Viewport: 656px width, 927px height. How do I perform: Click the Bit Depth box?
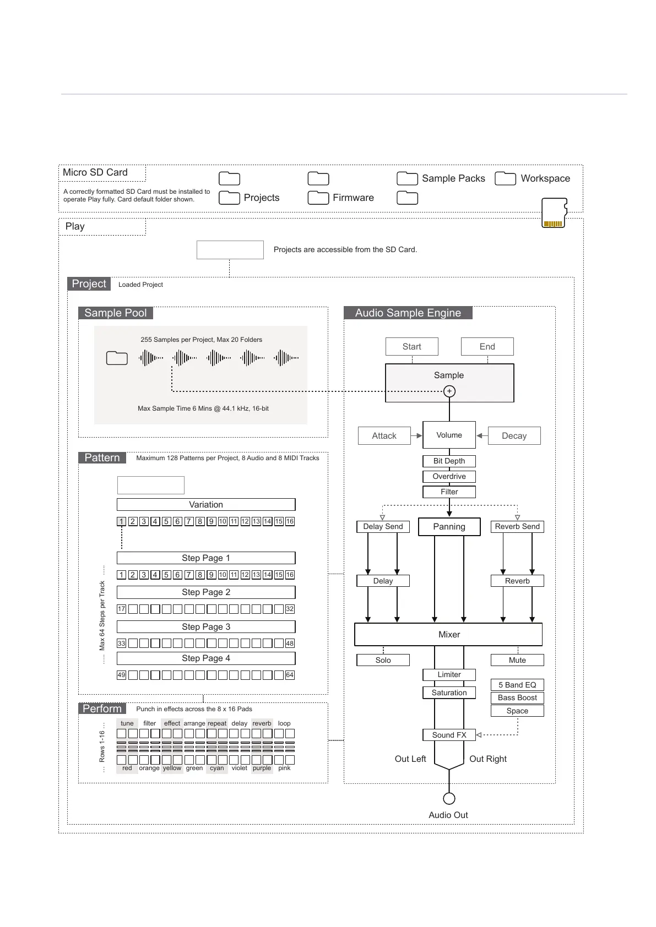click(x=449, y=461)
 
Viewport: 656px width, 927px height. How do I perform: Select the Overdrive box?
click(x=449, y=477)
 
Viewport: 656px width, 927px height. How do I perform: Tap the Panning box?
click(x=449, y=527)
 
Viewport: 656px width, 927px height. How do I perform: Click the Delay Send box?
click(x=383, y=527)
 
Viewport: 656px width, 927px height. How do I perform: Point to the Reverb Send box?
click(x=517, y=527)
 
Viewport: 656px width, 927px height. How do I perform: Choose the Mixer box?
click(x=449, y=635)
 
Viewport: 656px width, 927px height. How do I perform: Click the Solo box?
click(x=383, y=660)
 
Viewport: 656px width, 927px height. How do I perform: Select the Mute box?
click(x=517, y=660)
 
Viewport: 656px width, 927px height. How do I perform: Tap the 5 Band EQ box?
click(x=517, y=685)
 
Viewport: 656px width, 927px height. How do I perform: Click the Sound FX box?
click(x=449, y=735)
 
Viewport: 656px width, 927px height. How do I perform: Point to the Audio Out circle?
click(x=449, y=798)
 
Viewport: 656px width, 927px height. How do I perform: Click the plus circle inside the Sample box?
click(x=449, y=391)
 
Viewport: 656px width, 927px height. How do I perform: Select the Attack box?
click(x=384, y=436)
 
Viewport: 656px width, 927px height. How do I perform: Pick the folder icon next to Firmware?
click(x=318, y=198)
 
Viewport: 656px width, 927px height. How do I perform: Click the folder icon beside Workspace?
click(x=505, y=178)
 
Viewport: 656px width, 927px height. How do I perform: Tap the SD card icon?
click(x=554, y=213)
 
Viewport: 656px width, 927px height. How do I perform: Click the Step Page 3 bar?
click(x=206, y=627)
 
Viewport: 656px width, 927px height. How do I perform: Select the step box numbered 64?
click(x=290, y=675)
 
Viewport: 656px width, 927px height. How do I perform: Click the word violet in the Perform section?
click(x=240, y=768)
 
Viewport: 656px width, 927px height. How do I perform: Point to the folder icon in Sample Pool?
click(x=117, y=358)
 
